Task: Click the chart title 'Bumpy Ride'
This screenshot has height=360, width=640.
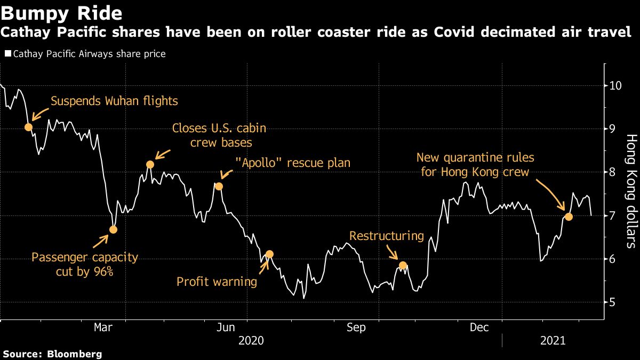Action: (61, 12)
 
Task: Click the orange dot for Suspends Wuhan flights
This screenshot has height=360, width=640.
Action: (28, 127)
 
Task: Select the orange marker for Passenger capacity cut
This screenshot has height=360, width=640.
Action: (113, 229)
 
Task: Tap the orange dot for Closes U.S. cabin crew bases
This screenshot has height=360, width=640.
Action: (150, 164)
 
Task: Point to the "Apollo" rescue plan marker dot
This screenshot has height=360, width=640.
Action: (218, 186)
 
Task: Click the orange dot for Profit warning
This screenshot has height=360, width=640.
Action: (269, 254)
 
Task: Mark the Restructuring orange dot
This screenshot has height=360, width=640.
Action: (403, 265)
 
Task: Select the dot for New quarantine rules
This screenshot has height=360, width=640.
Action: (569, 217)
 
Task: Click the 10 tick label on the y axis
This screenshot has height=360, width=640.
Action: (615, 85)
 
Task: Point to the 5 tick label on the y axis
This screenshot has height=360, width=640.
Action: (612, 302)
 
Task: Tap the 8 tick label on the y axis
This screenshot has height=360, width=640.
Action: (612, 172)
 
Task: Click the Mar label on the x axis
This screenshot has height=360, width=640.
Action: (103, 327)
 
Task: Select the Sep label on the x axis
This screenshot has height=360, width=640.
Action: (356, 327)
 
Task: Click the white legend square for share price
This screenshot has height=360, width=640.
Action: (7, 54)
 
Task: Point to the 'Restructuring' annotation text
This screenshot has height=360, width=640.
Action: (386, 236)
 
